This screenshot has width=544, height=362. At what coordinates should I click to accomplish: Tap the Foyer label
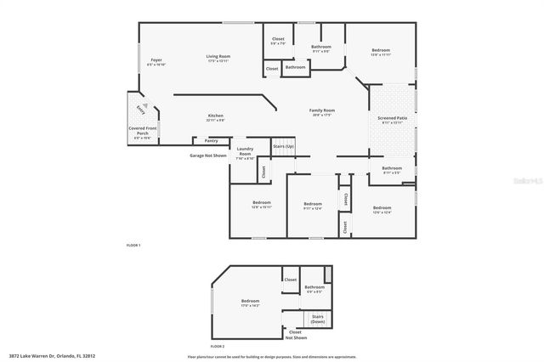click(156, 61)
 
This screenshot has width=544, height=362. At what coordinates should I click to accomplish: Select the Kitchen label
click(216, 117)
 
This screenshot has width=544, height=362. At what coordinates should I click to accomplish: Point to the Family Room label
click(322, 111)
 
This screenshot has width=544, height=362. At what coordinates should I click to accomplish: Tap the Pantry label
click(212, 140)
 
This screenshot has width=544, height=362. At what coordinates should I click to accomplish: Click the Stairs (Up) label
click(284, 147)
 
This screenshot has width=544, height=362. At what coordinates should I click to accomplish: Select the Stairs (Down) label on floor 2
click(318, 320)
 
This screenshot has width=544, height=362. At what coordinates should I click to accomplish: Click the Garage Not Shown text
click(208, 156)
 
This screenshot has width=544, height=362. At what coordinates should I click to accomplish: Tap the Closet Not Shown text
click(295, 335)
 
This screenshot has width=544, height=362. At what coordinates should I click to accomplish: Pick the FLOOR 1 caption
click(133, 245)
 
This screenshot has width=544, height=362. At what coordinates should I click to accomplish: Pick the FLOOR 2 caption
click(217, 346)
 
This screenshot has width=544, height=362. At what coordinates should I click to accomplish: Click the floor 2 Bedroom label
click(250, 303)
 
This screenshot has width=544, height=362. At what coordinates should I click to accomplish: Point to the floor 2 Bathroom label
click(315, 290)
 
